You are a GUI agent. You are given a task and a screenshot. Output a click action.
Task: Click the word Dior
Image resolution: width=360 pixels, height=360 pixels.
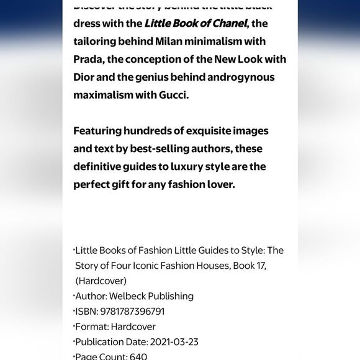coord(85,78)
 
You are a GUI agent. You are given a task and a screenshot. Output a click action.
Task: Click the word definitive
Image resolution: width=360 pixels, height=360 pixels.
coord(101,167)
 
